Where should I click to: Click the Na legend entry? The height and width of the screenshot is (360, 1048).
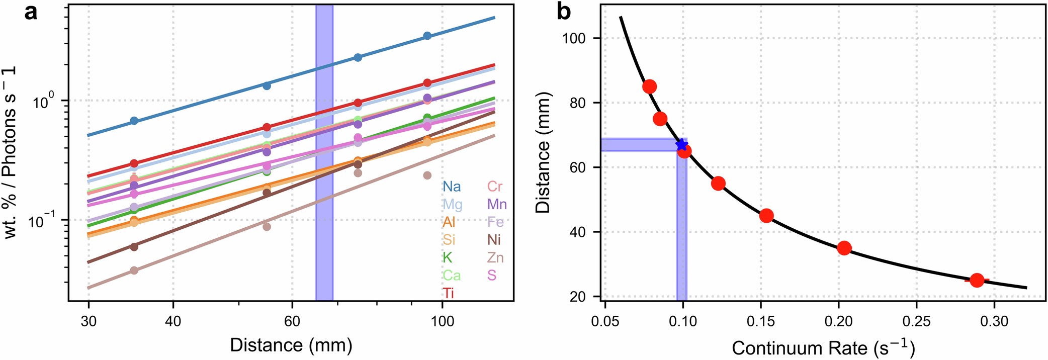451,187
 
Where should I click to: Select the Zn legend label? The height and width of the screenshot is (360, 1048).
495,258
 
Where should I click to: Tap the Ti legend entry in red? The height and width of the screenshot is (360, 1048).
448,293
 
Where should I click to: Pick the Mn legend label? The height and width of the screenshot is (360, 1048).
497,205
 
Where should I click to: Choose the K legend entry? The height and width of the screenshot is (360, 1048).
447,258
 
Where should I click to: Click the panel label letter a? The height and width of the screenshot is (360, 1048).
31,12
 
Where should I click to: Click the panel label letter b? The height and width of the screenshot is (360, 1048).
564,12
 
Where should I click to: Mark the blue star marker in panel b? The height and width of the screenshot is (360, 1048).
681,145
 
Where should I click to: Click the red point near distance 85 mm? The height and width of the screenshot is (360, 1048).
649,86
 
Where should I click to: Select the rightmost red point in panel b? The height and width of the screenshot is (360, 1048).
977,280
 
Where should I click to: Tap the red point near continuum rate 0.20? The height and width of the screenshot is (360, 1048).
844,248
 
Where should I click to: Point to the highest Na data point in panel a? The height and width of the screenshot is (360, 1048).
427,36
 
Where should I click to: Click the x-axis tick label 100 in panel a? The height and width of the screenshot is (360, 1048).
442,321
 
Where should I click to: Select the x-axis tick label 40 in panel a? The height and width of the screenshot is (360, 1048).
173,321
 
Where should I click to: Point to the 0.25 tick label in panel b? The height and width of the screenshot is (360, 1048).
916,321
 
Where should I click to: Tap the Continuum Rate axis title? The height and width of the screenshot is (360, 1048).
823,347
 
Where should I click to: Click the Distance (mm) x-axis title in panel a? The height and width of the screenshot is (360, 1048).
291,345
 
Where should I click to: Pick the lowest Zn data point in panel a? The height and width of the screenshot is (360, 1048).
134,271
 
